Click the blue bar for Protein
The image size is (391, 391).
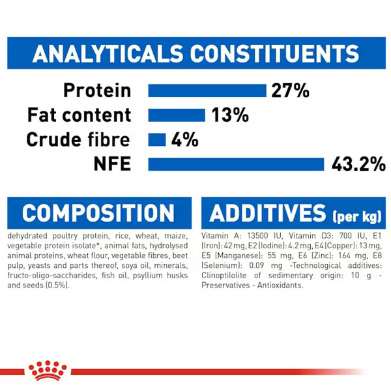coord(207,91)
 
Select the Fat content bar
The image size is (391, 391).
coord(177,115)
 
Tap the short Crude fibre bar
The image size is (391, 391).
coord(157,139)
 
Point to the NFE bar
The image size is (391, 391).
coord(236,164)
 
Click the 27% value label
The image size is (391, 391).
coord(291,91)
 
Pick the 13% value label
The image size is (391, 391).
coord(230,115)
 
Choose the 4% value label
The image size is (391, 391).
coord(185,139)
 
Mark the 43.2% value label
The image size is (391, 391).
coord(358,164)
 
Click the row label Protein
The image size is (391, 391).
coord(97,91)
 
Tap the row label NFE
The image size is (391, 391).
coord(113,164)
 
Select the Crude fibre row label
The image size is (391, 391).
coord(78,139)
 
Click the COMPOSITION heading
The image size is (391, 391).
coord(98,213)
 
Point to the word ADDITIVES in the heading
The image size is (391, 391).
coord(268,213)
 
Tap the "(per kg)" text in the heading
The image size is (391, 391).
coord(357,216)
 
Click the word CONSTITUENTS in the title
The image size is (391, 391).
coord(274,53)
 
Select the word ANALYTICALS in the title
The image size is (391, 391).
coord(108,53)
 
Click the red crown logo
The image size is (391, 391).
coord(48,371)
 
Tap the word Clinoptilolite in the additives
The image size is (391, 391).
coord(224,276)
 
